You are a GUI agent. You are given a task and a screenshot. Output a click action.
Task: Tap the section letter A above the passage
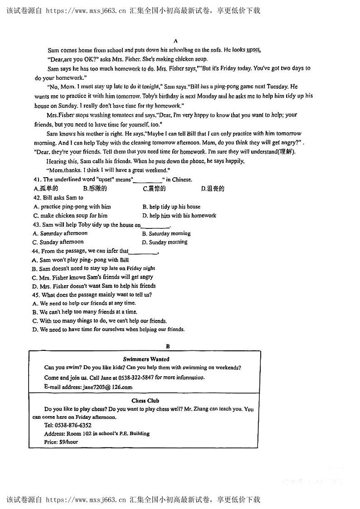point(175,41)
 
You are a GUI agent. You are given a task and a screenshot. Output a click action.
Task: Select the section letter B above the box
point(168,346)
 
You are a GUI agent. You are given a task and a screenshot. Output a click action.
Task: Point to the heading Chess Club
point(145,401)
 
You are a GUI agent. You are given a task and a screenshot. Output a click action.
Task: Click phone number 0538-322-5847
point(136,377)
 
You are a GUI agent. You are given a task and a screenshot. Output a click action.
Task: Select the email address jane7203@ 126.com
point(107,387)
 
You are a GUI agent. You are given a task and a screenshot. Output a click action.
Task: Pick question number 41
point(37,179)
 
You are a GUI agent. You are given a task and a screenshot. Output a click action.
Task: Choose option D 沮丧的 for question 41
point(213,189)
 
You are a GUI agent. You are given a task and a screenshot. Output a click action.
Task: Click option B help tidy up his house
point(171,207)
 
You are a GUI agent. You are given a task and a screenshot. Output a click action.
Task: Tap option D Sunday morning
point(165,242)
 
